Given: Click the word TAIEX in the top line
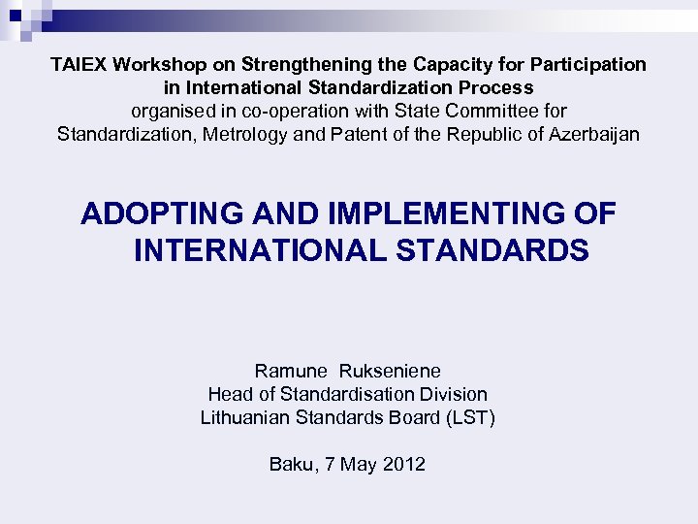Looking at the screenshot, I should pos(79,65).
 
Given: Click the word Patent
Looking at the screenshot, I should pos(365,135).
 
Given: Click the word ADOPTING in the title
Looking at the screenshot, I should pos(156,213).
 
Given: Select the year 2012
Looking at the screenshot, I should pos(403,465).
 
